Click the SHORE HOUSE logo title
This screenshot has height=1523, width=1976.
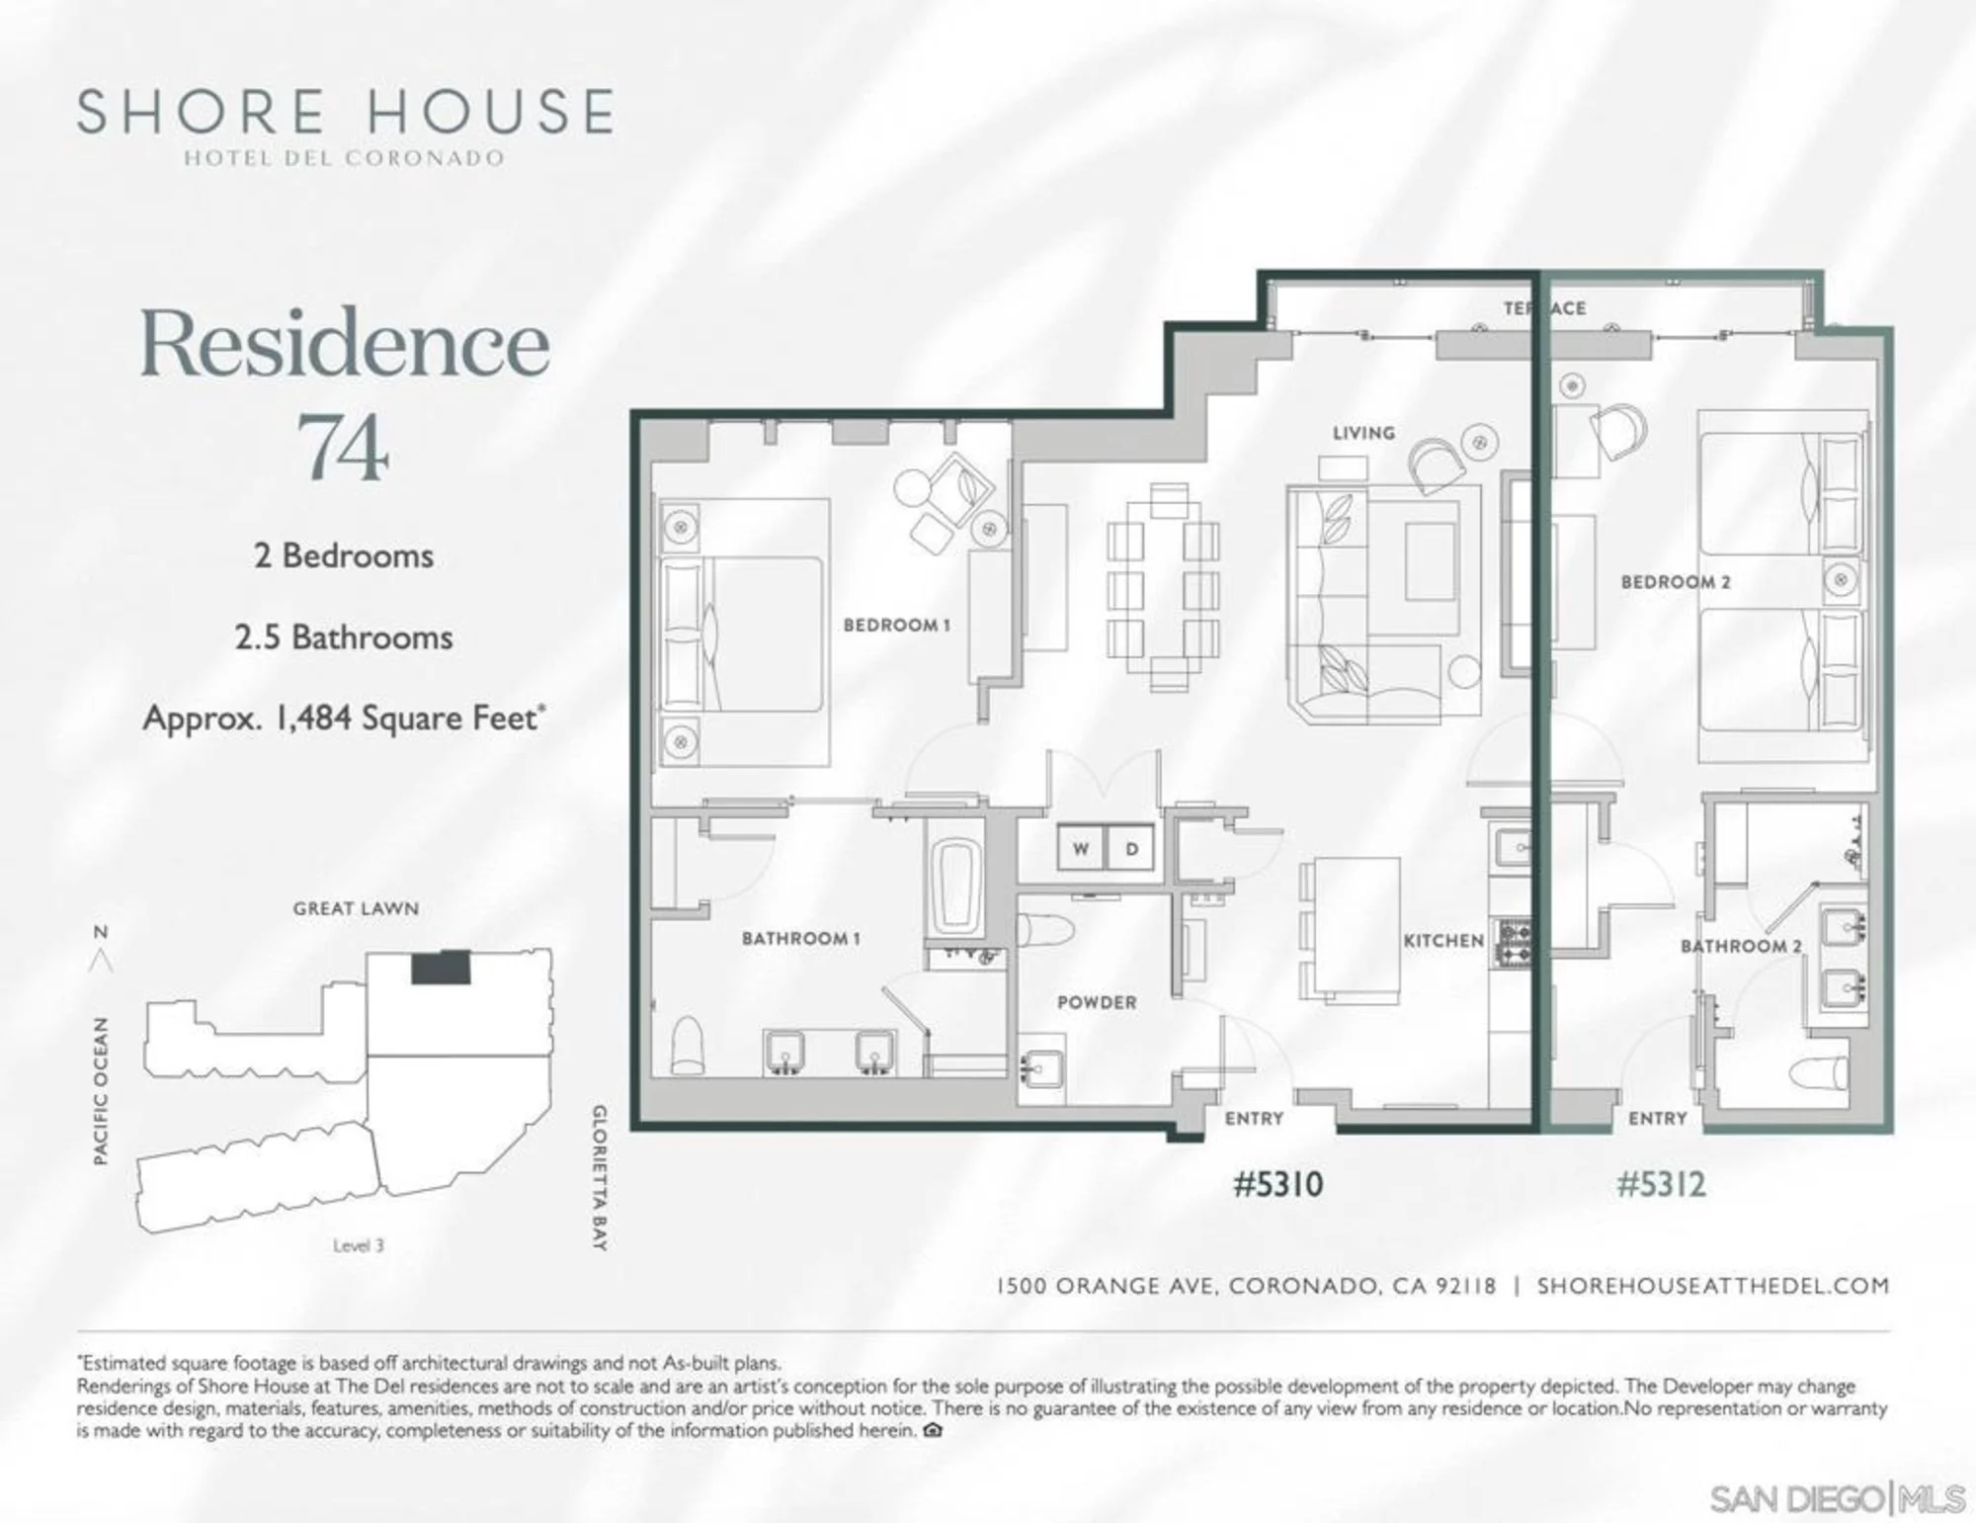345,111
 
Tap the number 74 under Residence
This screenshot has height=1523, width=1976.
343,447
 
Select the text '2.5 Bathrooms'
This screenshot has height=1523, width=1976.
344,637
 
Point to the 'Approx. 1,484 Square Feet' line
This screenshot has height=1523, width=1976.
345,718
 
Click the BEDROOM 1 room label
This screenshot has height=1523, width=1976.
896,625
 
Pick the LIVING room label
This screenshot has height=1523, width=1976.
1363,433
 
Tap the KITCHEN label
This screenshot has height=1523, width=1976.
1443,941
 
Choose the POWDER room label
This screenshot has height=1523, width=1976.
1097,1002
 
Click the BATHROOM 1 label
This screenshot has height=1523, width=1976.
801,938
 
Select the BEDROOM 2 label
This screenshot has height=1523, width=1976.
1676,582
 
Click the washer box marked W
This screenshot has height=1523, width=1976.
1081,848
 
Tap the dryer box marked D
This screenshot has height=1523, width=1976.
1131,848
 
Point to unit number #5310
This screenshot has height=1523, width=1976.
1277,1184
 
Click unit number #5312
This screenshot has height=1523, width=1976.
1661,1184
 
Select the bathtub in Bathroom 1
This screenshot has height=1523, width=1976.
955,886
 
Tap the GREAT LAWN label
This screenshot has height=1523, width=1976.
356,908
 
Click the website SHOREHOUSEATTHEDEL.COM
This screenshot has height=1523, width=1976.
1713,1286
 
